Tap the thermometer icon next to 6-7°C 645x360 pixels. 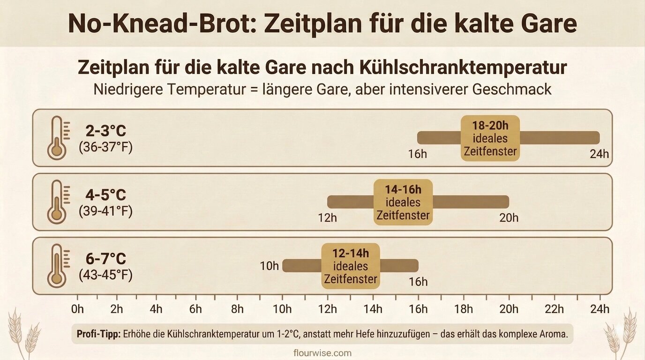(x=57, y=265)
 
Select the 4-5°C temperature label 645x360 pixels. (x=105, y=195)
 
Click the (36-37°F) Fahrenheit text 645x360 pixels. (x=105, y=148)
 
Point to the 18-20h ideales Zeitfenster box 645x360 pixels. (x=490, y=138)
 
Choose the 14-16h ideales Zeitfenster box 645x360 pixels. (x=403, y=202)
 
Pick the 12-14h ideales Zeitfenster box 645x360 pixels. (x=350, y=266)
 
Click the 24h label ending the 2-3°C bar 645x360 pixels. (x=599, y=154)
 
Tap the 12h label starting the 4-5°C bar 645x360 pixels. (x=327, y=218)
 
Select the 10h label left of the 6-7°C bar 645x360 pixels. (x=269, y=266)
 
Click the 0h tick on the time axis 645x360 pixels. (x=77, y=309)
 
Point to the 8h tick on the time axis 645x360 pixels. (x=237, y=309)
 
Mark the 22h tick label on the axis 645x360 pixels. (x=555, y=309)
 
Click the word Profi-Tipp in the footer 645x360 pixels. (x=98, y=335)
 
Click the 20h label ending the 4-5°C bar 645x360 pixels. (x=509, y=218)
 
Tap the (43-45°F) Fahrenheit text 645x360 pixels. (x=105, y=275)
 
